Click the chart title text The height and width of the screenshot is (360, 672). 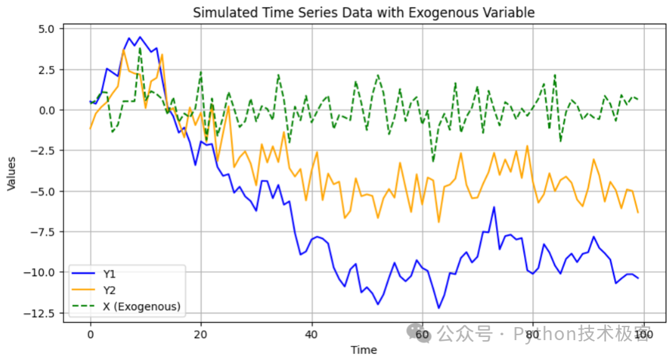click(363, 12)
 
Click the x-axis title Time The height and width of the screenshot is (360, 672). click(363, 350)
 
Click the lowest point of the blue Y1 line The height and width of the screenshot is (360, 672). click(439, 308)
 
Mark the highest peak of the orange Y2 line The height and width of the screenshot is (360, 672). click(123, 49)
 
